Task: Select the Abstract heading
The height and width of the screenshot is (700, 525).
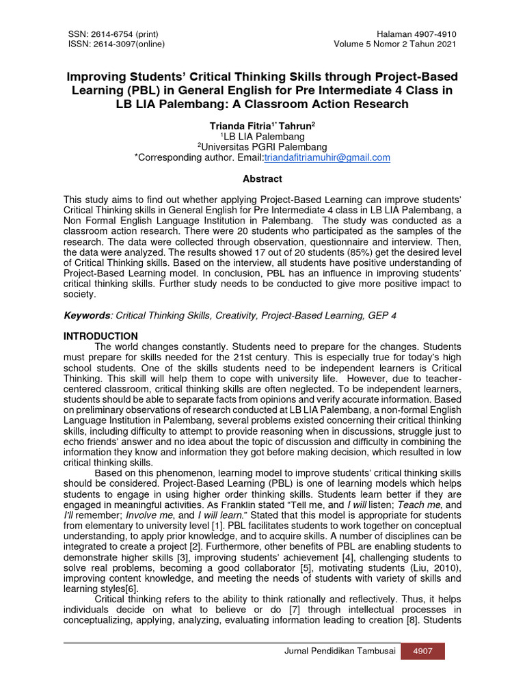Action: coord(262,178)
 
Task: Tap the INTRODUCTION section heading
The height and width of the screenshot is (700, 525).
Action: coord(100,336)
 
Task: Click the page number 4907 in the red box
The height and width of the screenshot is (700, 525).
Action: coord(422,651)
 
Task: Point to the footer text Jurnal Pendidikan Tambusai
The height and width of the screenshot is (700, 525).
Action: coord(340,651)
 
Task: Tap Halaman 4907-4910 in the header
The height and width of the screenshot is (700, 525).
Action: coord(416,35)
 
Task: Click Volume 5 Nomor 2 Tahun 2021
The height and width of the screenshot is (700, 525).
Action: coord(395,45)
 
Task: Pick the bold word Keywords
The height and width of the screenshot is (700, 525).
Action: coord(87,315)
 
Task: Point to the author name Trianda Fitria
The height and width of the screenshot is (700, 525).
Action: coord(236,126)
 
